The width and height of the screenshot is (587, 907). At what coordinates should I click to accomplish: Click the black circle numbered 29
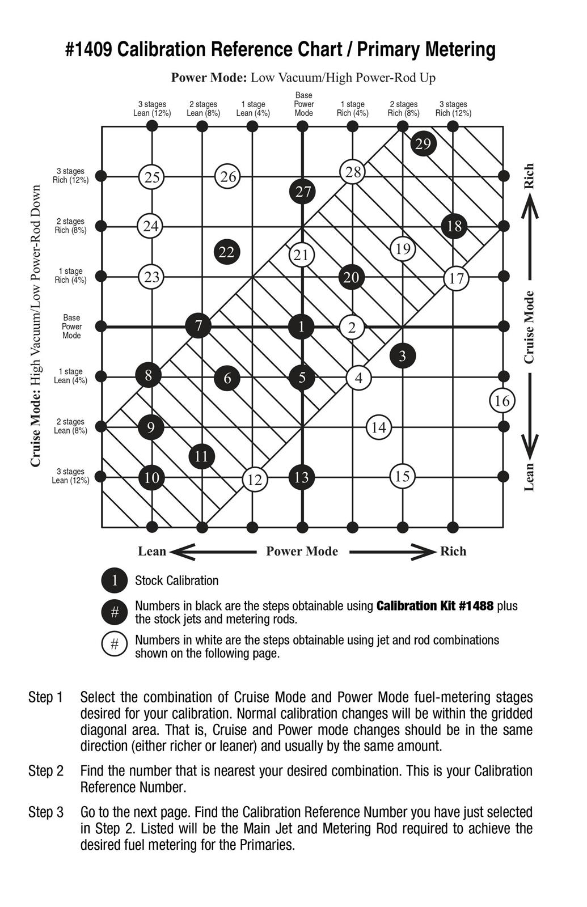tap(423, 143)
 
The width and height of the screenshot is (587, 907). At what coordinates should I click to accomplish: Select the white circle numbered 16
tap(502, 401)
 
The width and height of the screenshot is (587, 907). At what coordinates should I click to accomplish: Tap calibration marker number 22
tap(227, 252)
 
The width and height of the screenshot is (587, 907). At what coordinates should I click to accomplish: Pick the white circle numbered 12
tap(255, 480)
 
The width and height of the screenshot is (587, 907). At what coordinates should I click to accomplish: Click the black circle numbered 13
tap(302, 477)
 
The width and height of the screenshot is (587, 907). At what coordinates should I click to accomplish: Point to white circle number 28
tap(353, 171)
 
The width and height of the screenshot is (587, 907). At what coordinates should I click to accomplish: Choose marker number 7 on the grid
tap(199, 326)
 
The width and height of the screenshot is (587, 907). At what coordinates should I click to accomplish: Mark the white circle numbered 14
tap(378, 427)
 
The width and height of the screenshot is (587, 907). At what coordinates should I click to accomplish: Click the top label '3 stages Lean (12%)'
tap(152, 108)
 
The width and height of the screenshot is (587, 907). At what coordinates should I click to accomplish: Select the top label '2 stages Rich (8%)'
tap(403, 108)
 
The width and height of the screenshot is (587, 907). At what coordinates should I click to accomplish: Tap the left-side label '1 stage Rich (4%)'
tap(70, 276)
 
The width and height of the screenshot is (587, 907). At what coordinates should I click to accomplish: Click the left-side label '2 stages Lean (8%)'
tap(70, 426)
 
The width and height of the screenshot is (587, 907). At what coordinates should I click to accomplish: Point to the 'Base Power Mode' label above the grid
tap(303, 104)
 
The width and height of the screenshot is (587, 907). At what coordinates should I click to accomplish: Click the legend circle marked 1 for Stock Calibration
tap(115, 580)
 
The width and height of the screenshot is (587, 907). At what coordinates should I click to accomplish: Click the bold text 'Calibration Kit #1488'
tap(435, 606)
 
